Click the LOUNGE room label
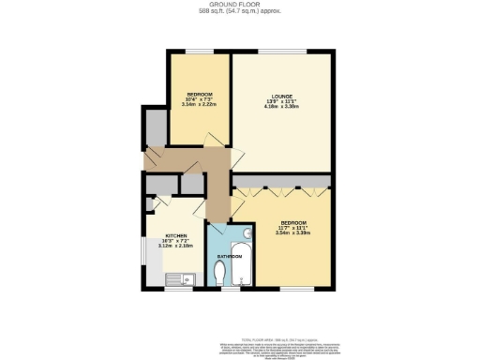[x=278, y=97]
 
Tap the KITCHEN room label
[x=175, y=235]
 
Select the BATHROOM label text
[x=230, y=256]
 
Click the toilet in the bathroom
[x=220, y=274]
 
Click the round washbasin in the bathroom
[x=247, y=234]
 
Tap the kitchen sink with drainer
[x=177, y=277]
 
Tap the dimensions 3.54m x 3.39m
[x=293, y=233]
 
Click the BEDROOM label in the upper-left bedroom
[x=199, y=95]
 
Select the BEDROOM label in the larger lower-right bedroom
[x=293, y=222]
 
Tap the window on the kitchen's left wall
[x=142, y=251]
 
